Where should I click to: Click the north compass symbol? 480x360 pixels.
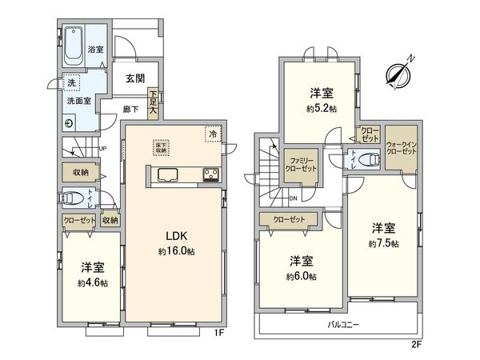click(397, 73)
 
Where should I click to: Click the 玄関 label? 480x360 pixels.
click(135, 78)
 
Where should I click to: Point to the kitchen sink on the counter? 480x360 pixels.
click(169, 174)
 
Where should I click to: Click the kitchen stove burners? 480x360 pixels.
click(211, 174)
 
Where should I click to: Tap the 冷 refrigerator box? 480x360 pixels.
click(213, 134)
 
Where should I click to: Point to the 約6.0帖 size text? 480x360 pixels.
click(301, 276)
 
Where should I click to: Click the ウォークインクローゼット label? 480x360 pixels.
click(399, 145)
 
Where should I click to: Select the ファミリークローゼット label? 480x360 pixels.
click(302, 164)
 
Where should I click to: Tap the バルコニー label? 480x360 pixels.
click(343, 324)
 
